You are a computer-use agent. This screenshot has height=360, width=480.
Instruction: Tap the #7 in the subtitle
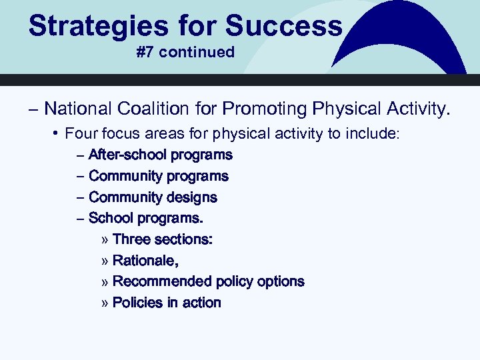point(145,52)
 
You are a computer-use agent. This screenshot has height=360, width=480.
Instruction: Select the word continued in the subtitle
point(197,52)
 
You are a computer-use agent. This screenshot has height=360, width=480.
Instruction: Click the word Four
point(81,134)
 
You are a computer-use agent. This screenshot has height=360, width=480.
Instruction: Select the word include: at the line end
point(371,134)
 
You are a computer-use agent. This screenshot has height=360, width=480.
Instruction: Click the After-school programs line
point(160,155)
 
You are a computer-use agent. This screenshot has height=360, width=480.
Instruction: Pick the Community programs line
point(158,176)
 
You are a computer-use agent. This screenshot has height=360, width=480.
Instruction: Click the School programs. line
point(145,218)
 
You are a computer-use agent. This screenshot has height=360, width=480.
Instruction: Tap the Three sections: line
point(163,239)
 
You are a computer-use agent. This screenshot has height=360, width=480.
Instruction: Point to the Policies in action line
point(167,303)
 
